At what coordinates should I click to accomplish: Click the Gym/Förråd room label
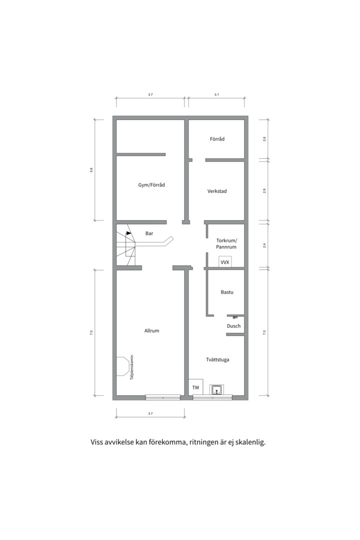(151, 185)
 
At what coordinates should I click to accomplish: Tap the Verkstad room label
(217, 191)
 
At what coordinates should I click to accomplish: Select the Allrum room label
(151, 330)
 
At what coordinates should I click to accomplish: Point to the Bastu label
(227, 292)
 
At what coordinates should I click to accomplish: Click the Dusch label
(233, 326)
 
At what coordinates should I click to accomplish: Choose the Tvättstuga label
(217, 359)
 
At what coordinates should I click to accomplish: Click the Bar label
(149, 233)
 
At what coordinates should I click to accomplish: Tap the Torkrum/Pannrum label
(226, 243)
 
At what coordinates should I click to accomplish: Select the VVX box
(225, 261)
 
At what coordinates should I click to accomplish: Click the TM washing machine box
(195, 387)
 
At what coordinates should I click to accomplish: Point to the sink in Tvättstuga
(217, 389)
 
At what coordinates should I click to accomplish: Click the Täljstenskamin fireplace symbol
(122, 366)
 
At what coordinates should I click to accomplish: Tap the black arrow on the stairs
(128, 233)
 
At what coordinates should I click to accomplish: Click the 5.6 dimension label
(91, 170)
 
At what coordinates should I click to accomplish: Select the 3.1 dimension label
(216, 94)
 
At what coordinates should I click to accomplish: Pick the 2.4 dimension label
(264, 245)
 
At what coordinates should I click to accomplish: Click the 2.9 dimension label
(264, 190)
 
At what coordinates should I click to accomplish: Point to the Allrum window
(163, 397)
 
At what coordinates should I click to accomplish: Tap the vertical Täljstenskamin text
(131, 367)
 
